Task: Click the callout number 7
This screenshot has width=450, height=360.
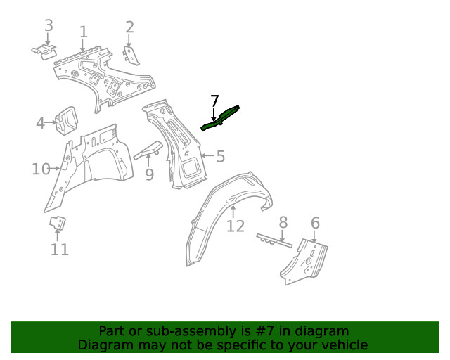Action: pos(214,101)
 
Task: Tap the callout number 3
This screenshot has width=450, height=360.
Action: pos(49,26)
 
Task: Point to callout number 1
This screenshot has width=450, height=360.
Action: pos(83,32)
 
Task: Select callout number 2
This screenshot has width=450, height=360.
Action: pos(129,27)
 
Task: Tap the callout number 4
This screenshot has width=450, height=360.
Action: pos(40,124)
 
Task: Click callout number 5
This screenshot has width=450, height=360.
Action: pos(220,156)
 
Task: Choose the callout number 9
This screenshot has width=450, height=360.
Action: pos(149,174)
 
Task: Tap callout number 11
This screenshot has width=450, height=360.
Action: pos(60,249)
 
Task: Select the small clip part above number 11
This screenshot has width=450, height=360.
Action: pos(58,224)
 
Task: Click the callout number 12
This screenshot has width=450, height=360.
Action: pos(236,226)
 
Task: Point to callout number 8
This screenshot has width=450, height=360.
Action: pos(283,222)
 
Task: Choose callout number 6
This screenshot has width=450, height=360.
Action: pos(315,223)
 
